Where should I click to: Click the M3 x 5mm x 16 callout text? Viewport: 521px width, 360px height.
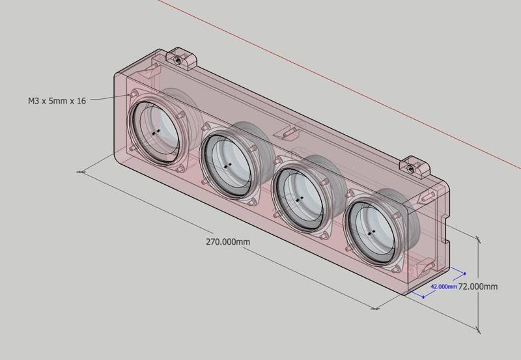57,101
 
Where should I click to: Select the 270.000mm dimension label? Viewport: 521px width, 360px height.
227,242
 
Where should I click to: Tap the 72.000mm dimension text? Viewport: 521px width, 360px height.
479,286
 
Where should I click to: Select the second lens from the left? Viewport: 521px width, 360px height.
227,167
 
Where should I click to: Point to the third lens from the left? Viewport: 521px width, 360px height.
300,197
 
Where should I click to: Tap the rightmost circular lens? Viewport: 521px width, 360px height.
372,231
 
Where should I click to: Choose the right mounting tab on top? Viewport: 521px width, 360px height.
415,167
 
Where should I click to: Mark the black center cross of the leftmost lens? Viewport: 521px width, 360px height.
155,132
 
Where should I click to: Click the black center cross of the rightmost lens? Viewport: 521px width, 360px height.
371,231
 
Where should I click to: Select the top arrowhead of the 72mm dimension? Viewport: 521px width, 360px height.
479,238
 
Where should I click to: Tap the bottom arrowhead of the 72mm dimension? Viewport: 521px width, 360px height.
479,331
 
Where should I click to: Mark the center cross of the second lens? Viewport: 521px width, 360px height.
226,166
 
